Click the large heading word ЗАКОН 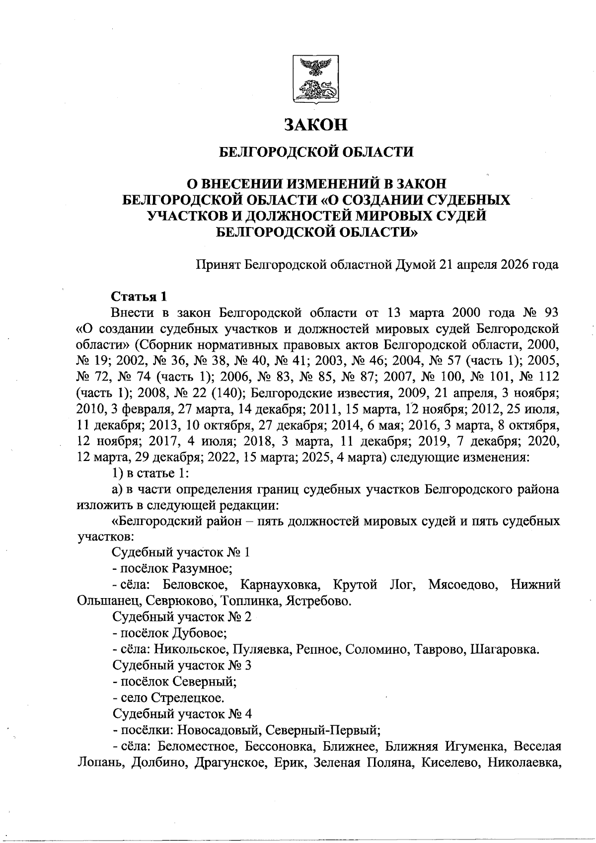[x=315, y=124]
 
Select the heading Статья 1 [x=139, y=297]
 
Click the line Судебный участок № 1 [x=181, y=552]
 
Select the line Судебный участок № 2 [x=182, y=617]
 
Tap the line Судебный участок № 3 [x=182, y=666]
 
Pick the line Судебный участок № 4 [x=182, y=714]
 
